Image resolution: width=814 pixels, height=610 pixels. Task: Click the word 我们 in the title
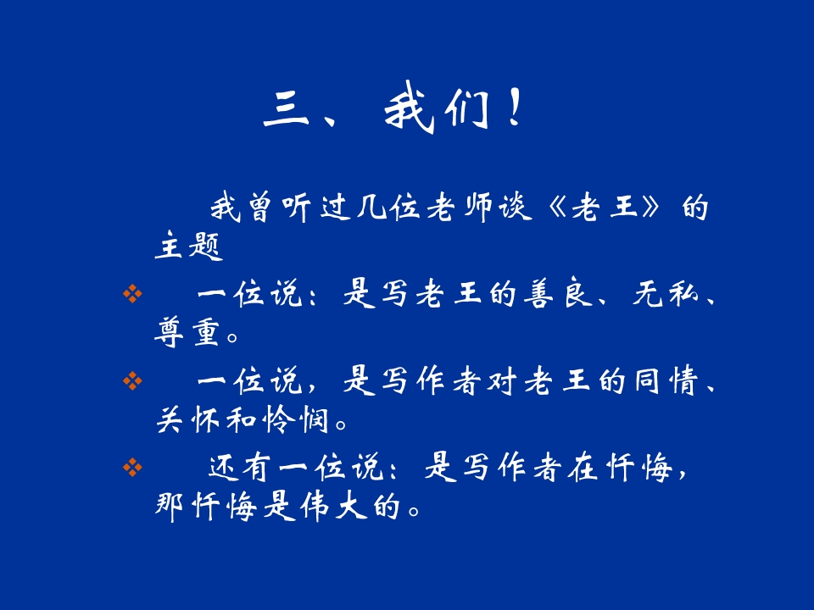(x=435, y=113)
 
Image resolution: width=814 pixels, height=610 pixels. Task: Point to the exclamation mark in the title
(x=514, y=113)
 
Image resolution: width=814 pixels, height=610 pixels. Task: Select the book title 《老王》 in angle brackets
(x=602, y=208)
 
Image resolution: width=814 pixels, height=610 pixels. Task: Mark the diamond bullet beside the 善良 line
(x=131, y=294)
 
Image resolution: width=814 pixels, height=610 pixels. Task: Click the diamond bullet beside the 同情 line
(x=131, y=382)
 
